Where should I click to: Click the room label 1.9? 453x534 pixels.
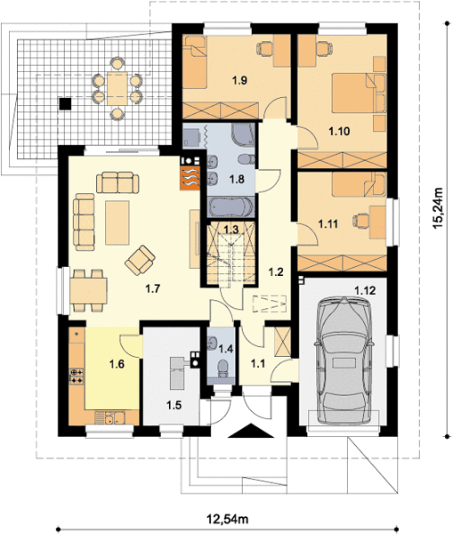[239, 80]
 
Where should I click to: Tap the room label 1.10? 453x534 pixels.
[339, 131]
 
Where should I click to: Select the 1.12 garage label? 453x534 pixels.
[365, 290]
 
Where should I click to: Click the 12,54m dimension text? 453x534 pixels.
[228, 519]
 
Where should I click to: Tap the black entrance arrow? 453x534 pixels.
[251, 431]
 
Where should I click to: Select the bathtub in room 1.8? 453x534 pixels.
[231, 207]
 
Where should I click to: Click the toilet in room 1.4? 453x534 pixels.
[223, 368]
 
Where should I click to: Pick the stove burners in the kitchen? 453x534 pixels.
[77, 376]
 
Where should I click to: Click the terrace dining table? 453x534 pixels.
[117, 88]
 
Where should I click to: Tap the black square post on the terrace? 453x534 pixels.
[65, 103]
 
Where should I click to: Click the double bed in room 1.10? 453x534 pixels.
[359, 93]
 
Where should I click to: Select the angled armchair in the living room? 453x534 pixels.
[140, 260]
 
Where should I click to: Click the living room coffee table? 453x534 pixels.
[117, 222]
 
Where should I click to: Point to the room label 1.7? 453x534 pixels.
[152, 288]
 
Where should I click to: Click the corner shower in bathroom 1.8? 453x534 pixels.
[243, 135]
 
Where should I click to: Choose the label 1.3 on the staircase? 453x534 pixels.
[231, 230]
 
